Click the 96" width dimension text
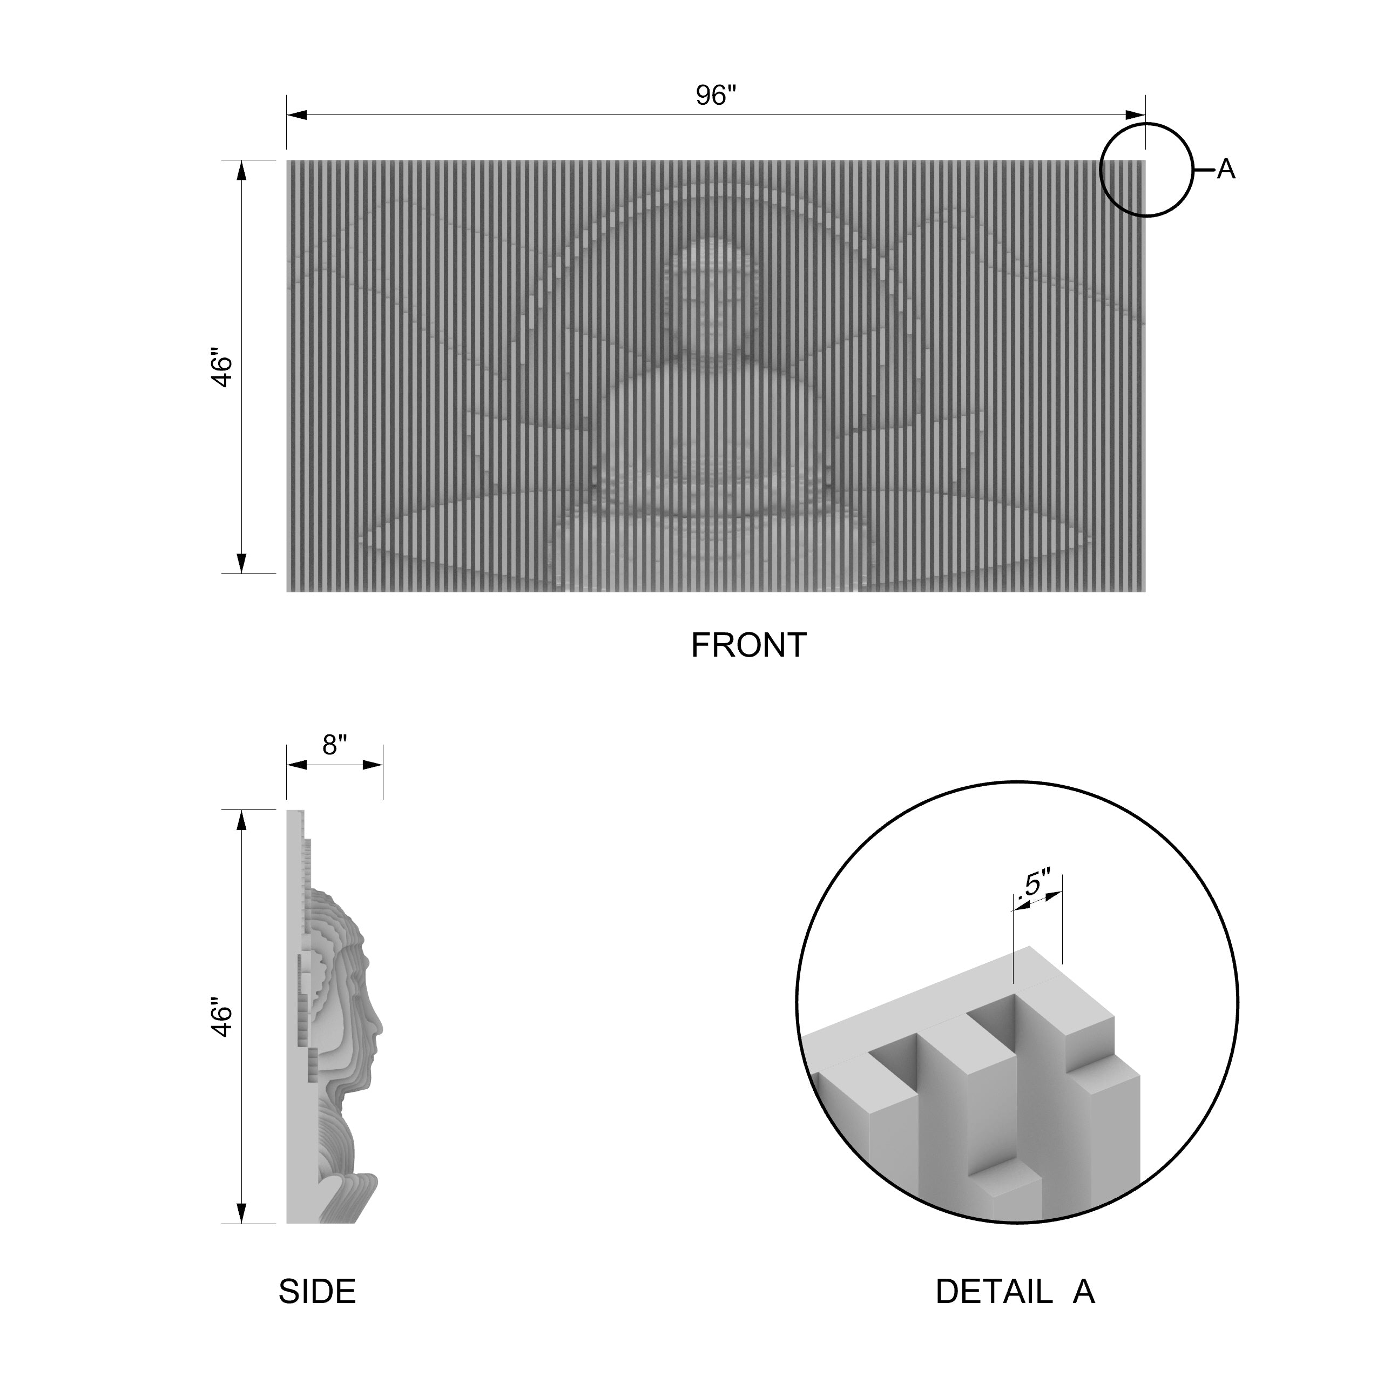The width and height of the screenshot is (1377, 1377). click(715, 96)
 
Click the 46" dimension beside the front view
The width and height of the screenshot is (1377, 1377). click(223, 368)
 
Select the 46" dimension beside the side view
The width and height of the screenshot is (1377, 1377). click(223, 1020)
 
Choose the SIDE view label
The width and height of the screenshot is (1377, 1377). click(317, 1292)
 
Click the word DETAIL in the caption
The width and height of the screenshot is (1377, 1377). click(994, 1292)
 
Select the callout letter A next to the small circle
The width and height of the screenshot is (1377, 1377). click(1226, 170)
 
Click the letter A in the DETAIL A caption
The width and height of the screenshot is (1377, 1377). click(1083, 1292)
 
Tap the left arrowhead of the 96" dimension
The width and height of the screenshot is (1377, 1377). click(296, 114)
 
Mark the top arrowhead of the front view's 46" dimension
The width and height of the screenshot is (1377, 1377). click(241, 171)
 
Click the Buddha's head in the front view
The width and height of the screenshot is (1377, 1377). click(711, 292)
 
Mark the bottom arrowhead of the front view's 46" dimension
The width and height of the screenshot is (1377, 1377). click(241, 563)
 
